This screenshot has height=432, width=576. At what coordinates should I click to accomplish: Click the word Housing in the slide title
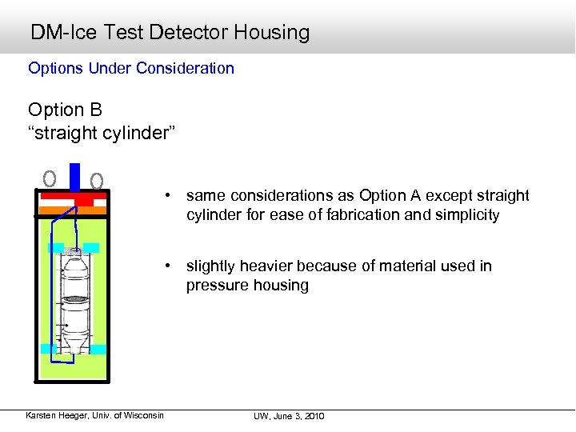point(272,33)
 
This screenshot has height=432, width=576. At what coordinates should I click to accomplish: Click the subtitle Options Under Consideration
point(131,68)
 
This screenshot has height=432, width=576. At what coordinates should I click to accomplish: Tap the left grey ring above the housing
point(50,178)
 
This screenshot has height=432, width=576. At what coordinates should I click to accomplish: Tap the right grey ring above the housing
point(97,180)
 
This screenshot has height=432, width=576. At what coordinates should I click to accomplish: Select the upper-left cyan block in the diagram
point(55,248)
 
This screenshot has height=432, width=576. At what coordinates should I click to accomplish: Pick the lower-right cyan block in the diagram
point(98,349)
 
